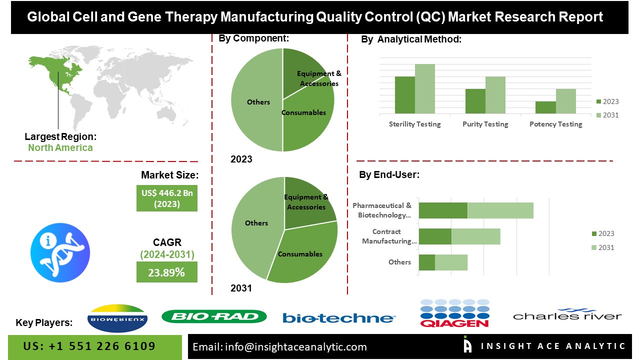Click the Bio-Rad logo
pyautogui.click(x=214, y=316)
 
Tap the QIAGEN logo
pyautogui.click(x=454, y=313)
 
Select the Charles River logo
pyautogui.click(x=567, y=314)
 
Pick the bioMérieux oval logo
pyautogui.click(x=117, y=318)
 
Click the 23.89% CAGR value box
pyautogui.click(x=167, y=272)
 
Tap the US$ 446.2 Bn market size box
pyautogui.click(x=167, y=198)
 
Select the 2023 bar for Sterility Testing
pyautogui.click(x=405, y=95)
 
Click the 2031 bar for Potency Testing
pyautogui.click(x=565, y=101)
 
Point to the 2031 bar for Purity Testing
pyautogui.click(x=495, y=95)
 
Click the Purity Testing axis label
pyautogui.click(x=485, y=124)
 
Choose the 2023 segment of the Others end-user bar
pyautogui.click(x=427, y=262)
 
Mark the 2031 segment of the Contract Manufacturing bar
pyautogui.click(x=476, y=236)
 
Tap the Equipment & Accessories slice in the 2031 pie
pyautogui.click(x=306, y=203)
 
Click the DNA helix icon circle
pyautogui.click(x=60, y=252)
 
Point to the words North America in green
pyautogui.click(x=60, y=147)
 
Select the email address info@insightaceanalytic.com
pyautogui.click(x=295, y=347)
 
